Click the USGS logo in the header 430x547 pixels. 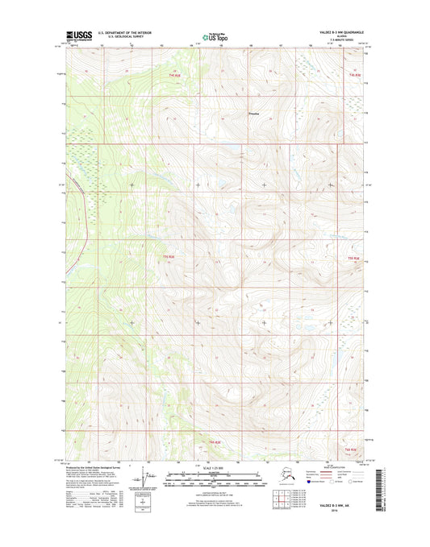click(75, 35)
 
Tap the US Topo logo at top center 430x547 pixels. click(215, 36)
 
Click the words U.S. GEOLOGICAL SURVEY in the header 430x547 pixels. click(124, 38)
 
